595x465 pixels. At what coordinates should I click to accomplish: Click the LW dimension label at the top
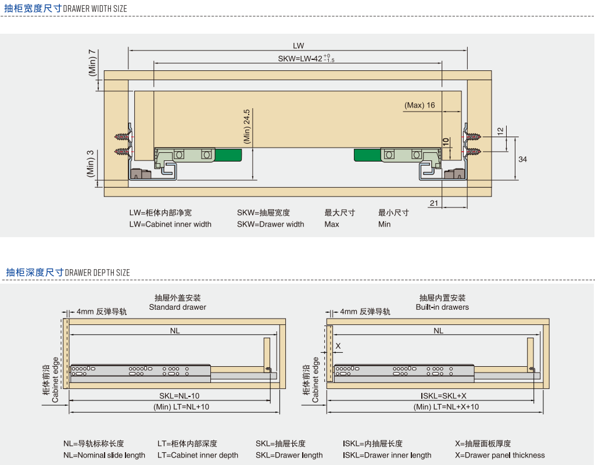298,46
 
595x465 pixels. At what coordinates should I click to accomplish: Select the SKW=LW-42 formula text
306,59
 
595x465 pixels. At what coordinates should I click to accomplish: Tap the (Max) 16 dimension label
420,105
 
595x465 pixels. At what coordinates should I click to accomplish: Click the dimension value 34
522,159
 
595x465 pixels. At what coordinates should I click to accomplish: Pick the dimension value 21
434,203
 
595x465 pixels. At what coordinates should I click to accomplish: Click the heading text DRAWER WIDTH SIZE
95,9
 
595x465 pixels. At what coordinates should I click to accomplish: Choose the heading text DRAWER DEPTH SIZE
97,273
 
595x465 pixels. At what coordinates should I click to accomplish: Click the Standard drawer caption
177,307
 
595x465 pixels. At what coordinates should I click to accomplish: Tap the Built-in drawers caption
442,307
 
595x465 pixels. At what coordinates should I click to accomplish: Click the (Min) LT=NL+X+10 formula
446,407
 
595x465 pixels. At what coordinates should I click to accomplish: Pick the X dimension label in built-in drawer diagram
338,346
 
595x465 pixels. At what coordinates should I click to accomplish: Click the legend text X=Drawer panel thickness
500,455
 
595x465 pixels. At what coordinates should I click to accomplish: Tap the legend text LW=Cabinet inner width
170,224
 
